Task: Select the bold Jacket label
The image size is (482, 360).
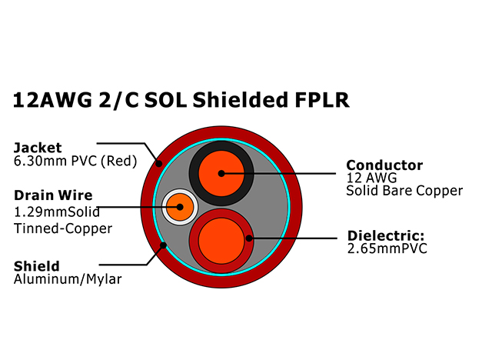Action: click(38, 147)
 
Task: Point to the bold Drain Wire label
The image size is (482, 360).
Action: click(53, 195)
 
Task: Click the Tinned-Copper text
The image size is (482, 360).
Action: click(63, 228)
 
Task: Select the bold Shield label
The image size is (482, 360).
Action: click(36, 266)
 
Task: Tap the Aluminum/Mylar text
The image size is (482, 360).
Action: click(68, 280)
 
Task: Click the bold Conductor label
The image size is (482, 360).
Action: click(384, 165)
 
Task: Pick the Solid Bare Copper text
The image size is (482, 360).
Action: click(404, 190)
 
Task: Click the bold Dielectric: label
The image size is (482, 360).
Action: click(386, 235)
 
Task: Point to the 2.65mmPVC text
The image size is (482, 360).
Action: click(387, 248)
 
